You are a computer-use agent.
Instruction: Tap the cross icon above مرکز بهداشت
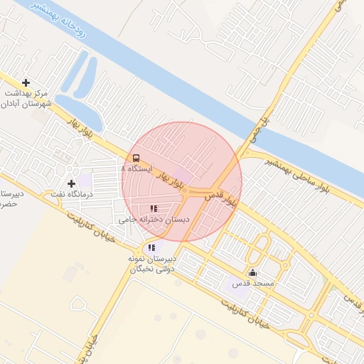point(26,82)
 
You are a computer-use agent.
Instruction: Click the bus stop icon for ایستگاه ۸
point(136,158)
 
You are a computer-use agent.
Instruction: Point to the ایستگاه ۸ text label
point(136,169)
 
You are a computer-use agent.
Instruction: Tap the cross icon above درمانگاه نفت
point(71,183)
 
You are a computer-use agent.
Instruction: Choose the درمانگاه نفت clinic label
point(72,193)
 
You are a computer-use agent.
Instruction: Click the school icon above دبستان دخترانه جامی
point(153,208)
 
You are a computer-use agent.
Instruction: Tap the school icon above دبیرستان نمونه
point(151,247)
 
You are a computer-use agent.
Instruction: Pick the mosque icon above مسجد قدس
point(252,272)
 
